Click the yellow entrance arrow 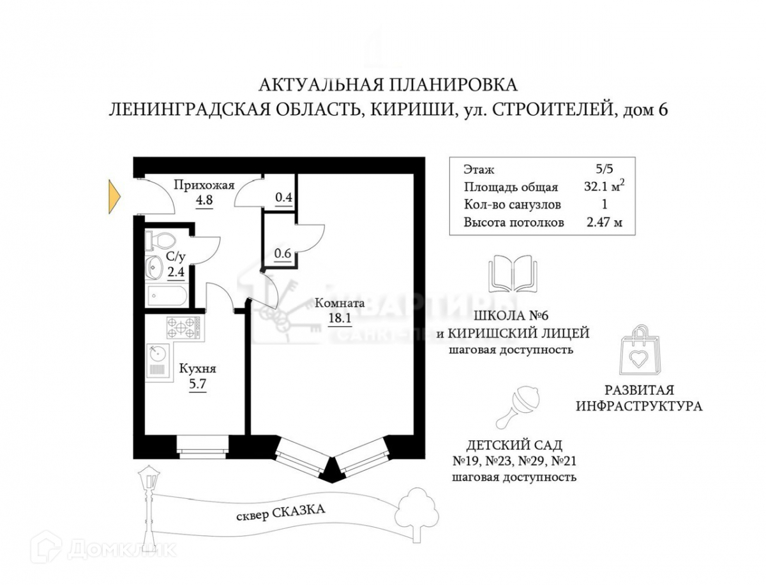pyautogui.click(x=114, y=196)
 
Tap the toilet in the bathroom pyautogui.click(x=160, y=240)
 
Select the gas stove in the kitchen pyautogui.click(x=183, y=327)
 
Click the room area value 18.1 pyautogui.click(x=339, y=318)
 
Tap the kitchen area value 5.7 pyautogui.click(x=197, y=384)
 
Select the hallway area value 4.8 pyautogui.click(x=204, y=200)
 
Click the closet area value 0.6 pyautogui.click(x=282, y=253)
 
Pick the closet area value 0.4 pyautogui.click(x=283, y=197)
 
